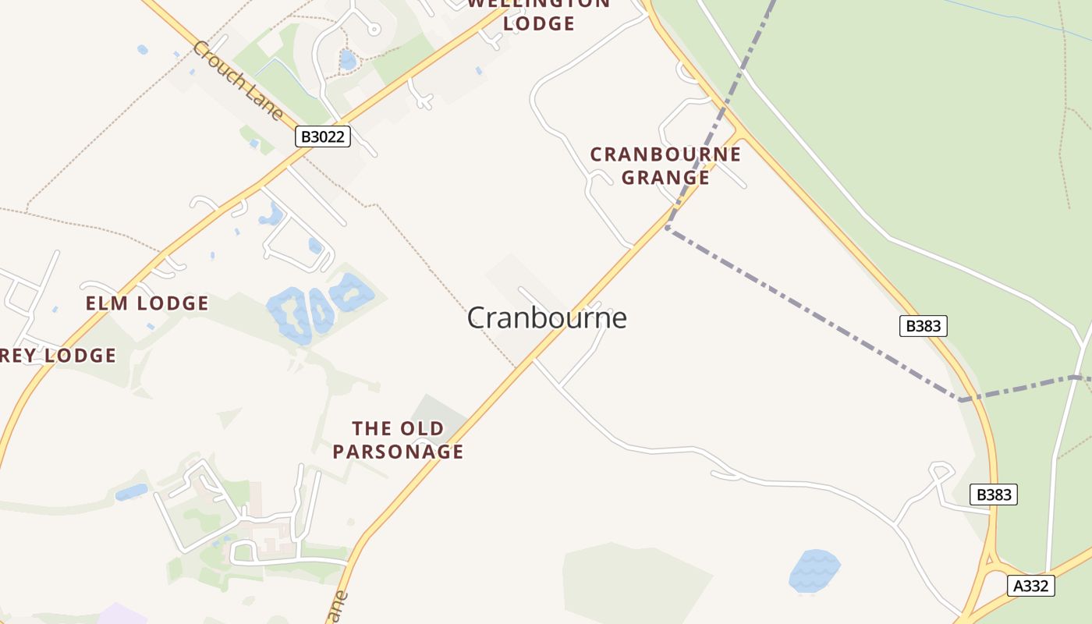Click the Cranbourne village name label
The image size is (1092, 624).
[x=547, y=318]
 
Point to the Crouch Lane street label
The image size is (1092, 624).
[x=238, y=81]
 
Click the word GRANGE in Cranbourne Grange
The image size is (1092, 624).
[x=665, y=178]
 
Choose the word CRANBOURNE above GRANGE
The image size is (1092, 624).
[x=665, y=154]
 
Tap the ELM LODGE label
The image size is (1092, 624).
[x=147, y=303]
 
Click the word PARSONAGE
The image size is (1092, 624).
[x=398, y=452]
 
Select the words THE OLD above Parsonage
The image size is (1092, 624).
[x=398, y=428]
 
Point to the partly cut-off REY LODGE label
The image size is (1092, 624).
[x=58, y=356]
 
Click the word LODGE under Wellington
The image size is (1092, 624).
[x=538, y=23]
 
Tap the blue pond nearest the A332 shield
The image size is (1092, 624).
[x=814, y=570]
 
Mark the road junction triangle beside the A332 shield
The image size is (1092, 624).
[x=989, y=560]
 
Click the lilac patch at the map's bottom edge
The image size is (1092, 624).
[x=121, y=615]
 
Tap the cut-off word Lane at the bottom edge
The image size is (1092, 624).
[x=336, y=608]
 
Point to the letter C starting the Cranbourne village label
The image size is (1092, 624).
[x=477, y=318]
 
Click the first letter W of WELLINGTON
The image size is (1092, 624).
[x=476, y=3]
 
